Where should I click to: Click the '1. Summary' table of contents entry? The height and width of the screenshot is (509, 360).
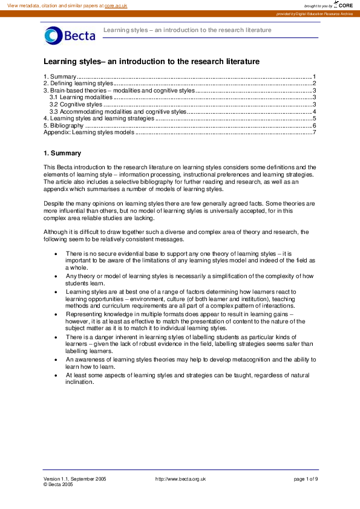(60, 77)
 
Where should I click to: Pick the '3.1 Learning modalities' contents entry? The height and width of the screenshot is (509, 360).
(81, 97)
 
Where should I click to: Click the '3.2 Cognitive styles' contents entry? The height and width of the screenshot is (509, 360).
(76, 104)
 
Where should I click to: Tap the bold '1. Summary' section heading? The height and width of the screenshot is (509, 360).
(62, 153)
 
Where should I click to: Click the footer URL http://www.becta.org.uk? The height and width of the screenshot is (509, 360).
(180, 478)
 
